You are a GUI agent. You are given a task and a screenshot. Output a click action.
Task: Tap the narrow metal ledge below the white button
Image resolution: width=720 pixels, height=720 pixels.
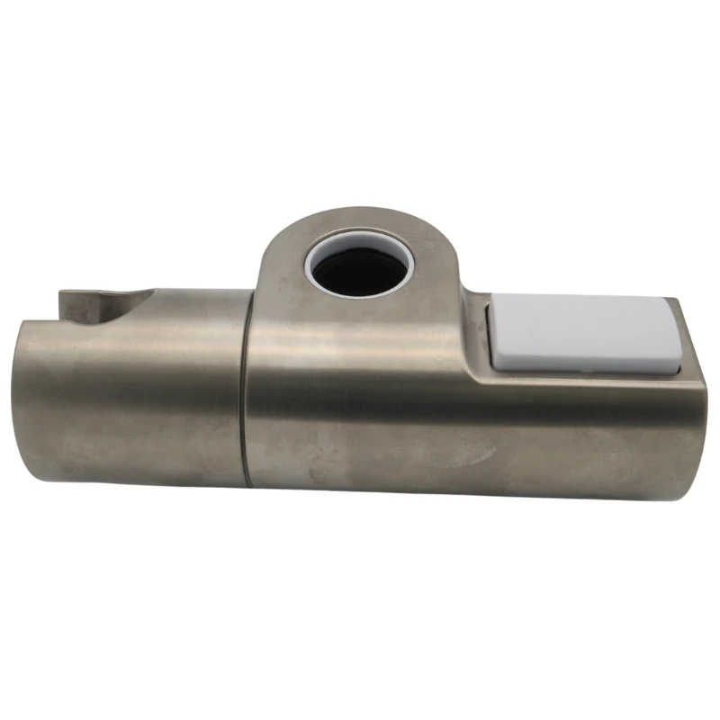(585, 376)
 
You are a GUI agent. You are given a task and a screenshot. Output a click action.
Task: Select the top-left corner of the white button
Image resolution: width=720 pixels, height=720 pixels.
(492, 303)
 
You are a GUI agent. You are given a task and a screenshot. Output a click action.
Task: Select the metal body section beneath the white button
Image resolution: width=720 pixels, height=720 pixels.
(585, 432)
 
